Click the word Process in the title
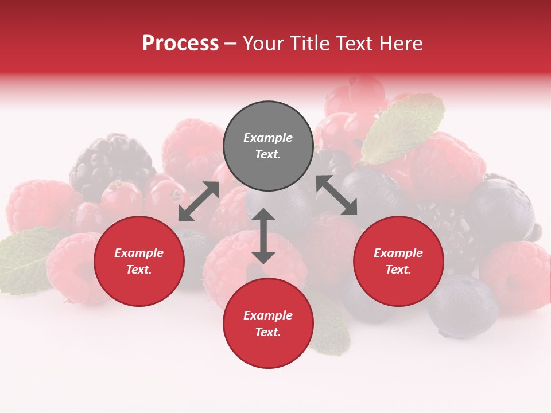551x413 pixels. coord(180,44)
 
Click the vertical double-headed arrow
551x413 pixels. coord(263,236)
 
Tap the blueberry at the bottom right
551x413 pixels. coord(463,305)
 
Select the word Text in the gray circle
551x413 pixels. coord(268,154)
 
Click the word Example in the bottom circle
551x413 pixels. coord(268,315)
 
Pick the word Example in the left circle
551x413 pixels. coord(139,253)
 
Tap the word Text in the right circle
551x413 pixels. coord(398,270)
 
